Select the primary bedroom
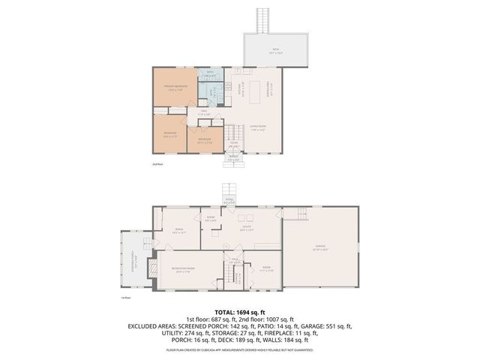pyautogui.click(x=175, y=88)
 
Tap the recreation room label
pyautogui.click(x=184, y=269)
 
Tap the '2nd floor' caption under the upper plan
pyautogui.click(x=157, y=163)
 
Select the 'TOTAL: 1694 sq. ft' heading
pyautogui.click(x=240, y=311)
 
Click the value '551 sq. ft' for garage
pyautogui.click(x=337, y=327)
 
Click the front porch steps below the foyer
pyautogui.click(x=234, y=158)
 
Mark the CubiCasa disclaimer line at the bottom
pyautogui.click(x=240, y=349)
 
